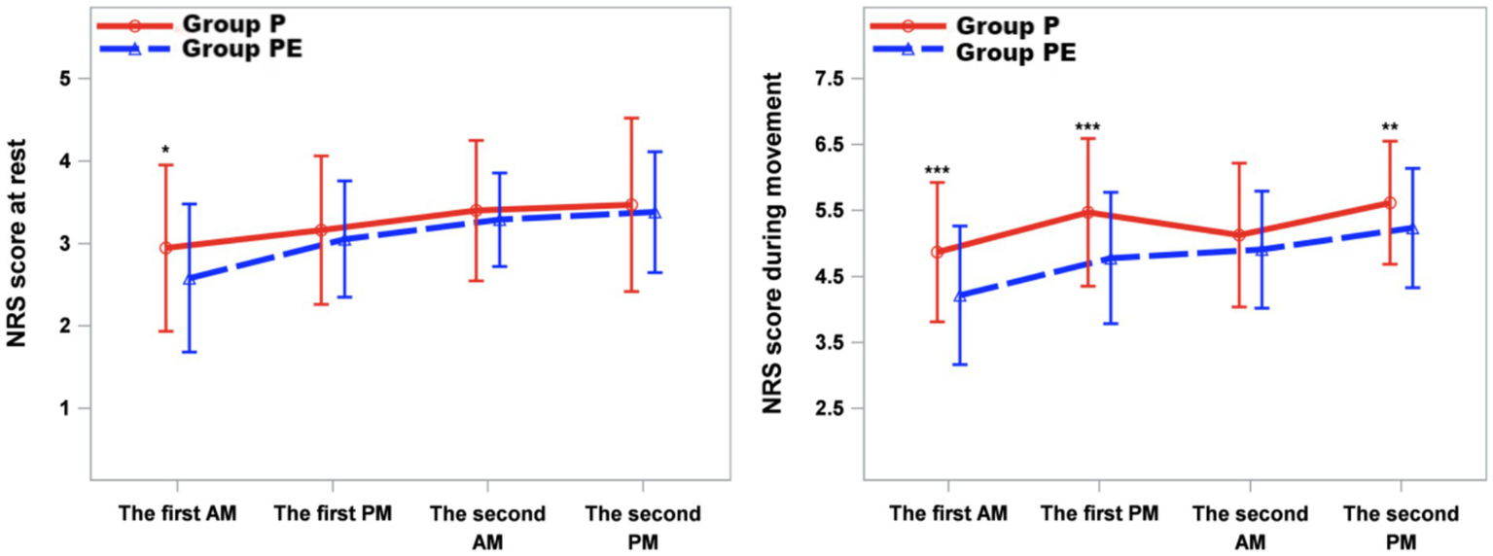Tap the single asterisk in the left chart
[x=165, y=151]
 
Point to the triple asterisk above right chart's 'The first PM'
[x=1087, y=128]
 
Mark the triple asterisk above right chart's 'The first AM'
[x=937, y=172]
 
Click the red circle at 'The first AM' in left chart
[x=165, y=248]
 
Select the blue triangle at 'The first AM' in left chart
[x=189, y=279]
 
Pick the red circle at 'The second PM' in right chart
[x=1390, y=203]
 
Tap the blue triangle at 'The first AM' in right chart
[x=960, y=295]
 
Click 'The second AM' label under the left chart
[x=486, y=527]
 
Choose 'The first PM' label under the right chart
[x=1099, y=513]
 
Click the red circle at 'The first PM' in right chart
[x=1088, y=212]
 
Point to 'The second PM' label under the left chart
[x=642, y=527]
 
